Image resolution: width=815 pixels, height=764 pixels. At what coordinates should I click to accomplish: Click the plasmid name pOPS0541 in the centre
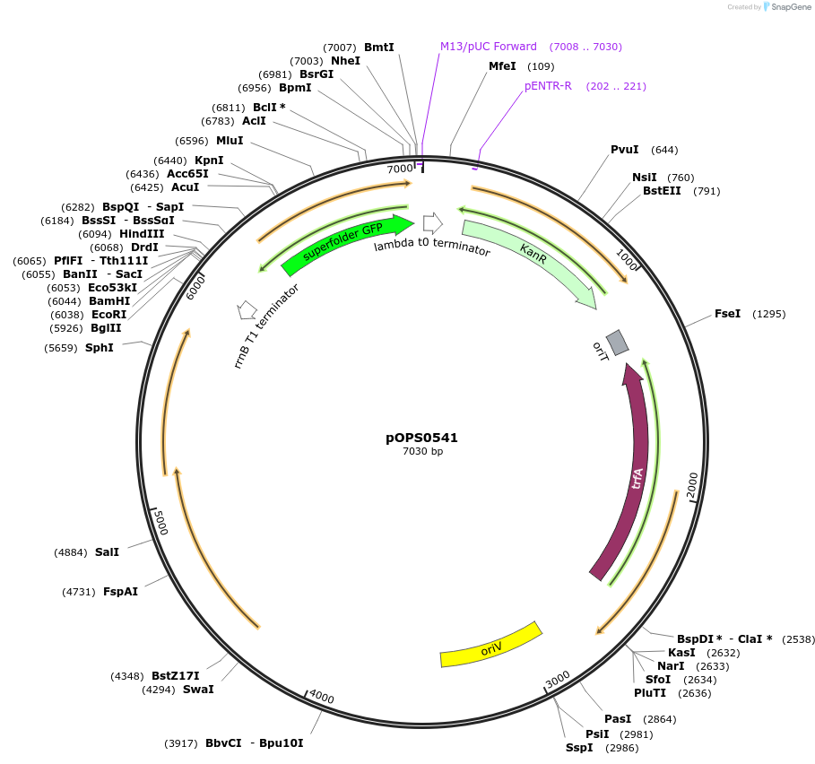[x=422, y=438]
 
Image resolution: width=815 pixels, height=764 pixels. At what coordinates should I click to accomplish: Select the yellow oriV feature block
[x=491, y=646]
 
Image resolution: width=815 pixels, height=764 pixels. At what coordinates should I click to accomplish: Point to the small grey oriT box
[x=617, y=342]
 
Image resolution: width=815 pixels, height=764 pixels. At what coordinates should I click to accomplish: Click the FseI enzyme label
[x=727, y=314]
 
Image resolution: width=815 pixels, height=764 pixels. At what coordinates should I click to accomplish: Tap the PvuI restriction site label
[x=624, y=150]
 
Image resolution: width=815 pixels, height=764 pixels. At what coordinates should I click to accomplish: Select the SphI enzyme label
[x=100, y=347]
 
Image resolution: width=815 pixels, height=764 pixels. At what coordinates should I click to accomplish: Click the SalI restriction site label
[x=107, y=552]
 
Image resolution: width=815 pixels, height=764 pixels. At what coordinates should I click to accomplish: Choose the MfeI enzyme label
[x=502, y=66]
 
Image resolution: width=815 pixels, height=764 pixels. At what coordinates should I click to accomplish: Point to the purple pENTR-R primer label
[x=548, y=86]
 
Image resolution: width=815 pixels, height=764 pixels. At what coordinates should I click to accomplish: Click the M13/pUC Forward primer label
[x=489, y=47]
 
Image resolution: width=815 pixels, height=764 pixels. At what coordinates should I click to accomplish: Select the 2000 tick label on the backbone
[x=693, y=484]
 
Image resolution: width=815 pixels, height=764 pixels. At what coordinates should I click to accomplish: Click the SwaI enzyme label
[x=198, y=690]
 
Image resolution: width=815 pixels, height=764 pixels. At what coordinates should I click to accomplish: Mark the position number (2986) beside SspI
[x=621, y=748]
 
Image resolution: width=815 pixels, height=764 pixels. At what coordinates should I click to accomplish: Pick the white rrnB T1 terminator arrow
[x=247, y=310]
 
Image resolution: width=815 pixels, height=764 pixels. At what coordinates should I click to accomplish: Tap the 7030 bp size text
[x=422, y=452]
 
